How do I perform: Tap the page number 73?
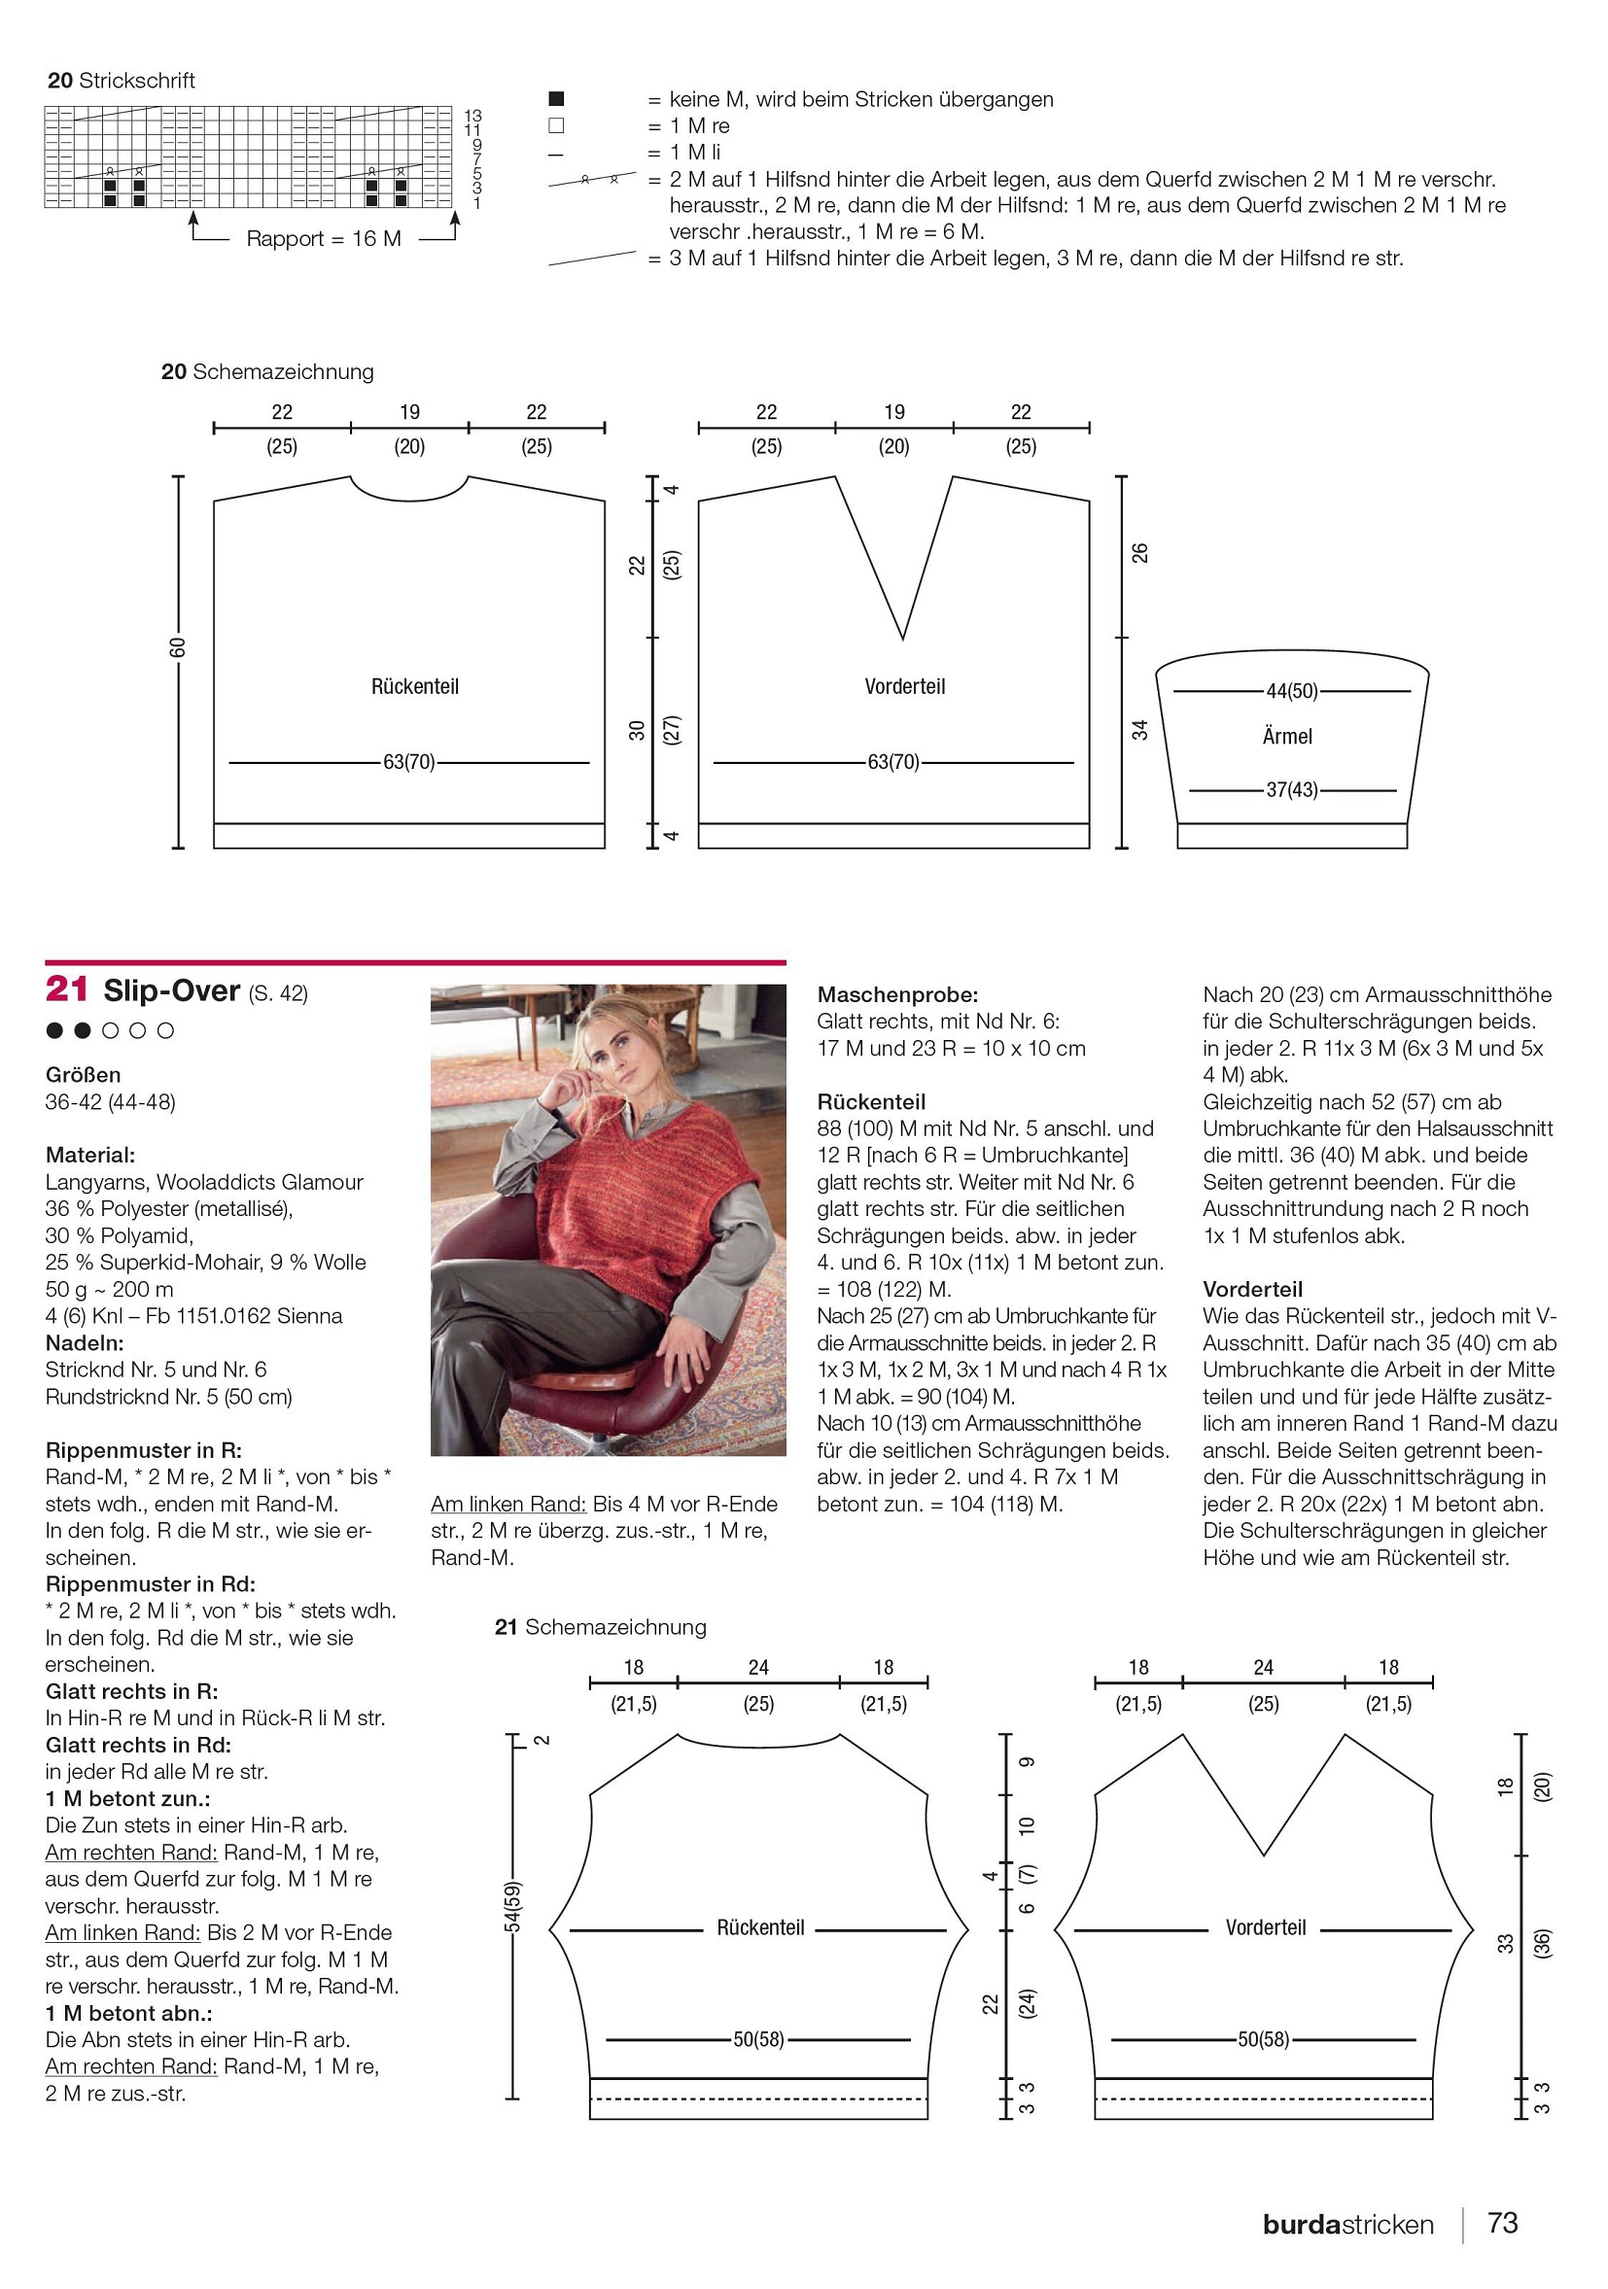pyautogui.click(x=1502, y=2222)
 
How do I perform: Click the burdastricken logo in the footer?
pyautogui.click(x=1346, y=2224)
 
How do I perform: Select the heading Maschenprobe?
pyautogui.click(x=897, y=994)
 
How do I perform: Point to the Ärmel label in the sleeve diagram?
pyautogui.click(x=1287, y=737)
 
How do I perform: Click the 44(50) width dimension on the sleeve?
pyautogui.click(x=1292, y=691)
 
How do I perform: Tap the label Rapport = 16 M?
pyautogui.click(x=323, y=239)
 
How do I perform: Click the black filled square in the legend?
pyautogui.click(x=556, y=99)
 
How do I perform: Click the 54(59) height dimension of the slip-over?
pyautogui.click(x=512, y=1906)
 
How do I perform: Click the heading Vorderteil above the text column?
pyautogui.click(x=1252, y=1289)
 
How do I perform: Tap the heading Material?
pyautogui.click(x=90, y=1156)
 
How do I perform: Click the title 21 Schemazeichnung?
pyautogui.click(x=600, y=1627)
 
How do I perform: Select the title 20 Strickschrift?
pyautogui.click(x=121, y=81)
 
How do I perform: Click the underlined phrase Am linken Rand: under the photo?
pyautogui.click(x=508, y=1504)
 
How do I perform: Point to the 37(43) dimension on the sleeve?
pyautogui.click(x=1292, y=789)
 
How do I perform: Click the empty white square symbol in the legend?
pyautogui.click(x=556, y=125)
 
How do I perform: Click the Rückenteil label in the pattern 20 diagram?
pyautogui.click(x=415, y=686)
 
